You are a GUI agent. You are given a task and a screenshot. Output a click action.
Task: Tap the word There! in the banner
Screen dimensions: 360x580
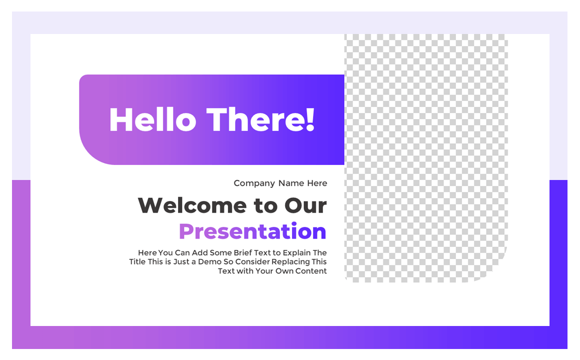click(x=260, y=120)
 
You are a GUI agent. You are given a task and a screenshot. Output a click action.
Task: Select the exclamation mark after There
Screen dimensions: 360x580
click(x=310, y=120)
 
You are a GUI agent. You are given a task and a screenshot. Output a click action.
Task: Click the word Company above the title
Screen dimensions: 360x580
click(x=254, y=183)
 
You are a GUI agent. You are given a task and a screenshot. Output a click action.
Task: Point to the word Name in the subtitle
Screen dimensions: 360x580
click(x=291, y=183)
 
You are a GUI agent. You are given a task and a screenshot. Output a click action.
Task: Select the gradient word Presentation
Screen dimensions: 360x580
click(x=252, y=231)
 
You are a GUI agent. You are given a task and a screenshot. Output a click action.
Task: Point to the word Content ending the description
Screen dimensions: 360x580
click(x=311, y=271)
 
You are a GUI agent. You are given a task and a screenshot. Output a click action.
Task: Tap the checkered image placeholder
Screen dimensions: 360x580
click(x=425, y=150)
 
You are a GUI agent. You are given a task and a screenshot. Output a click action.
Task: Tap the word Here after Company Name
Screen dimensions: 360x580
click(x=317, y=183)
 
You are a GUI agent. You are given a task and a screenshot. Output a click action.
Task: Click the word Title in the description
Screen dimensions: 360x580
click(x=137, y=262)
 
